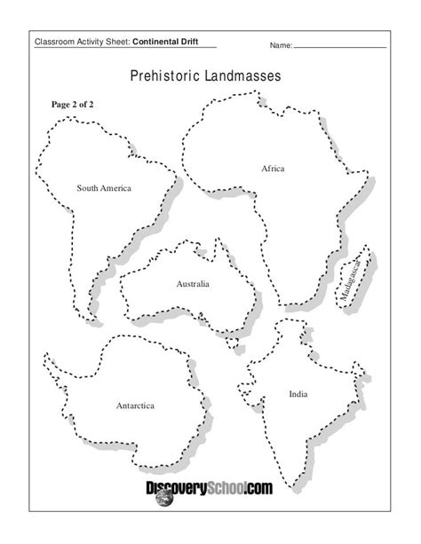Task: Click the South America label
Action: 104,188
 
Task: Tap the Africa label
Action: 273,168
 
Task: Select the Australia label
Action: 193,285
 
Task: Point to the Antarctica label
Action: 135,406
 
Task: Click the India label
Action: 298,392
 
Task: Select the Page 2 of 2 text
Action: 73,104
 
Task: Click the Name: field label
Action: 281,43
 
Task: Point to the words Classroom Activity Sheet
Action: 82,42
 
